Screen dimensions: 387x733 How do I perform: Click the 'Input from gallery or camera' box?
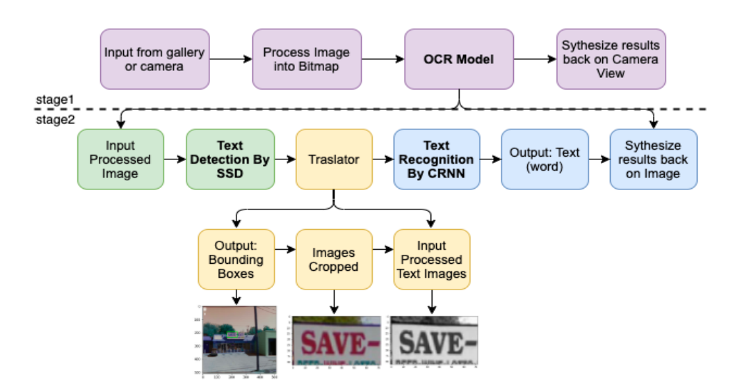[x=154, y=59]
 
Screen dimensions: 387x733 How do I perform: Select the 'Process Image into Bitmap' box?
[x=306, y=59]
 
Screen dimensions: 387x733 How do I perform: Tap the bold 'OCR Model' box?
[x=458, y=59]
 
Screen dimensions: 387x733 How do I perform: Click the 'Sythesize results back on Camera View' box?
[x=611, y=59]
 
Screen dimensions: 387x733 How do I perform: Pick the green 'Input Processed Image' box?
[x=120, y=159]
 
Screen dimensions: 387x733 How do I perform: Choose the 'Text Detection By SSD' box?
[x=229, y=159]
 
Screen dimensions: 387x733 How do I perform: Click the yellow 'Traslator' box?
[x=334, y=159]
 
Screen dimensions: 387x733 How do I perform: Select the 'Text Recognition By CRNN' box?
[x=436, y=159]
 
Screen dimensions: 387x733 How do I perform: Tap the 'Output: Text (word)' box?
[x=545, y=159]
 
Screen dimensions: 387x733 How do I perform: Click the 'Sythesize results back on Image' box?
[x=653, y=159]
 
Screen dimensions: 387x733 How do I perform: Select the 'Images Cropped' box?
[x=334, y=260]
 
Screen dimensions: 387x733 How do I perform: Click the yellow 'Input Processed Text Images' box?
[x=431, y=260]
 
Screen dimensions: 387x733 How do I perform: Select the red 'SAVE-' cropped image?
[x=336, y=341]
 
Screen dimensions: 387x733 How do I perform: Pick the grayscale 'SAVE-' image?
[x=434, y=341]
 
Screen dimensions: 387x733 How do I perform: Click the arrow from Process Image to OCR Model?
[x=382, y=59]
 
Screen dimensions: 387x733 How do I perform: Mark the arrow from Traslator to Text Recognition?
[x=382, y=159]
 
